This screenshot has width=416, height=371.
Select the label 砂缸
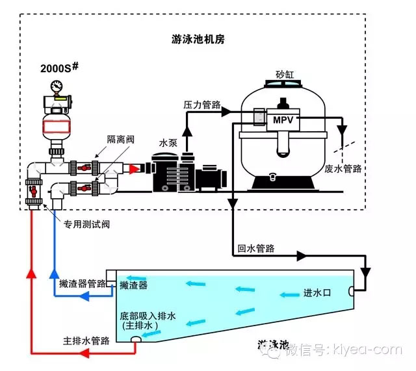285,75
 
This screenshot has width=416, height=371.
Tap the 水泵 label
168,142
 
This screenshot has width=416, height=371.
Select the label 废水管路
343,168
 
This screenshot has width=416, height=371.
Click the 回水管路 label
255,248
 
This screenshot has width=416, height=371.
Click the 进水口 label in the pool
318,292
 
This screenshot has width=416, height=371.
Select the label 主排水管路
86,340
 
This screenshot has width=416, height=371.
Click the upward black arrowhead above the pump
187,132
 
